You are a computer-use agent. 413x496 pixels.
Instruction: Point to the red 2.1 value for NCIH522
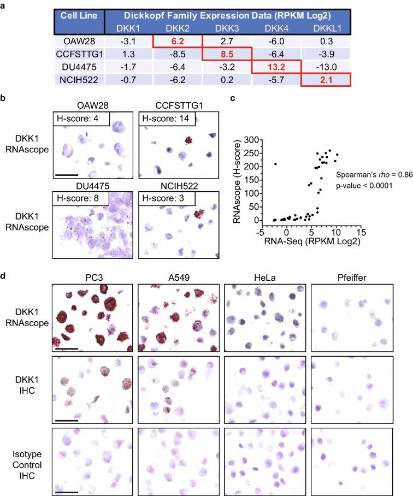click(326, 80)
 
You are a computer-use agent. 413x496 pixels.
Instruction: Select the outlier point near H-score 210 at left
click(276, 164)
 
